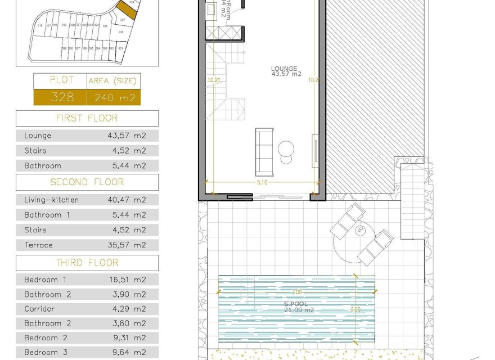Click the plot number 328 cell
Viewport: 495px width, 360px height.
pos(62,97)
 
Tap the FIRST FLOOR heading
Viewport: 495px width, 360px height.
pos(87,118)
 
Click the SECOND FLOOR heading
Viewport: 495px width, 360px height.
pos(87,182)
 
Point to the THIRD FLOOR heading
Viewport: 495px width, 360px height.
pos(87,263)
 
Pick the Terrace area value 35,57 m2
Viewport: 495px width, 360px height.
pos(127,245)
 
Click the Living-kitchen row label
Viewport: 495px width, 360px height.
pos(52,200)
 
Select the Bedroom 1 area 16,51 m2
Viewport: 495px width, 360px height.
pos(127,280)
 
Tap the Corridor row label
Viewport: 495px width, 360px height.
pos(39,309)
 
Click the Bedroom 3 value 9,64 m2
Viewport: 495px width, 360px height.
pos(127,353)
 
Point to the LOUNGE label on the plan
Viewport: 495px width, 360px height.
pos(286,69)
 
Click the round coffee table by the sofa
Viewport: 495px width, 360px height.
pos(286,150)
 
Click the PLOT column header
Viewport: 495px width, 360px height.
pos(62,80)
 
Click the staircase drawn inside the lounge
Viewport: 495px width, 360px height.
pos(225,84)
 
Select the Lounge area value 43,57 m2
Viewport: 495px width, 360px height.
pos(127,136)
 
